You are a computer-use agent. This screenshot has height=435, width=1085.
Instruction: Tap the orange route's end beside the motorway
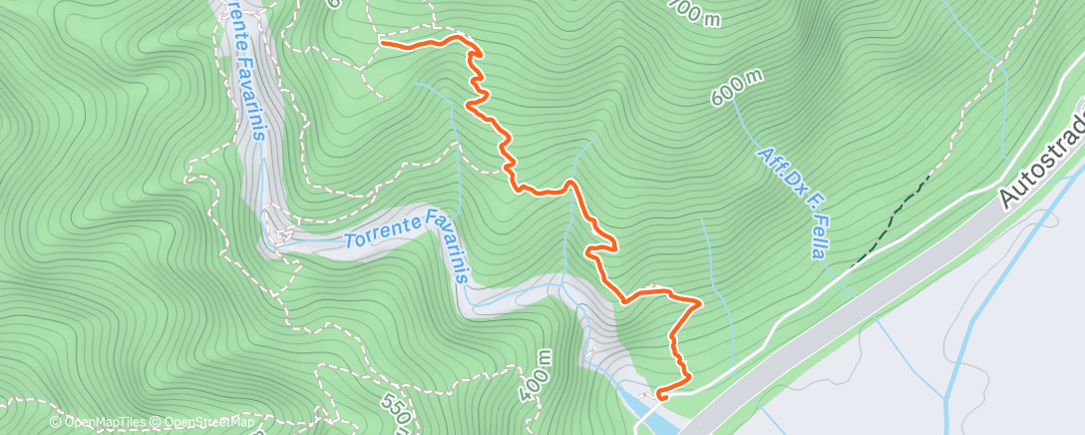(659, 396)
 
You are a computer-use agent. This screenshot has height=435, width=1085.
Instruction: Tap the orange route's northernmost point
(461, 37)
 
